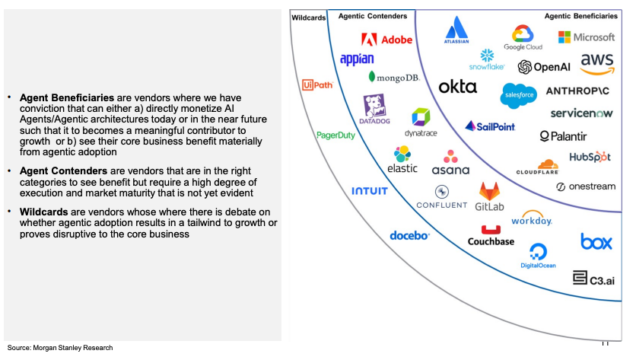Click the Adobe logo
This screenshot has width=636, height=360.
386,40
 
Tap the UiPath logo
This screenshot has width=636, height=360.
316,84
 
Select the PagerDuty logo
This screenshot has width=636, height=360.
335,135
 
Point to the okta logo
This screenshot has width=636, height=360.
457,87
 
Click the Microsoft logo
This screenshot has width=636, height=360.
586,37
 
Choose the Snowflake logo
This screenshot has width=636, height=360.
487,59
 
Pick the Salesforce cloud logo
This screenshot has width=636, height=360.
520,94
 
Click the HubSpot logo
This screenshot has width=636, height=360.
590,158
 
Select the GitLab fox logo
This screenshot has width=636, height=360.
490,196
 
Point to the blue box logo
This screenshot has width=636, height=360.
596,242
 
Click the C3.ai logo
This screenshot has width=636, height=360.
594,279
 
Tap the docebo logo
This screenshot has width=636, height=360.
409,236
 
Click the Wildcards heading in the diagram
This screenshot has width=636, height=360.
308,17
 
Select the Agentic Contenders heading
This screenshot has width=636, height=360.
372,15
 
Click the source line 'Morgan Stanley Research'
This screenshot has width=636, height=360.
60,348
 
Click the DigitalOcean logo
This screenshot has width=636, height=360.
538,256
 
